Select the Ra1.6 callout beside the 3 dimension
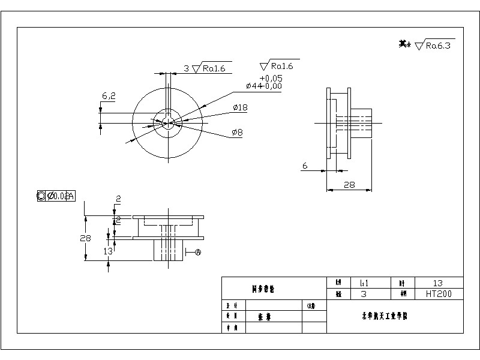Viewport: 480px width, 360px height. (214, 68)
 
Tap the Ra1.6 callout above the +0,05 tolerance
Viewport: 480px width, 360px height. (281, 65)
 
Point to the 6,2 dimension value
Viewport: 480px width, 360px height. (109, 95)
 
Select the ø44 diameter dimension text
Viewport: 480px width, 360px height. (264, 86)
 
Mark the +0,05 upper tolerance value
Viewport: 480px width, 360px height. (271, 78)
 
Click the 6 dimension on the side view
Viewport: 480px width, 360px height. (305, 166)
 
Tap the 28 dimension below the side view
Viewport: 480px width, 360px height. (349, 185)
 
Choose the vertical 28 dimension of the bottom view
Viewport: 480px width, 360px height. (85, 238)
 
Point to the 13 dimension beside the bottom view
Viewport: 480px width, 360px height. (108, 251)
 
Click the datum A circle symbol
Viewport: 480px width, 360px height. (199, 253)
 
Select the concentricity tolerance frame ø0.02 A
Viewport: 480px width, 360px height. (56, 196)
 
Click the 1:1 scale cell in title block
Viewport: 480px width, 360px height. (364, 283)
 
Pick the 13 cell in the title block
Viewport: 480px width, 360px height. (437, 283)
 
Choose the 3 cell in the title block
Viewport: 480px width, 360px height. (364, 294)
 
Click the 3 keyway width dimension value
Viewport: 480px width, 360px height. (186, 68)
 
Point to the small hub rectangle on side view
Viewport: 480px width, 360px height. (361, 122)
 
